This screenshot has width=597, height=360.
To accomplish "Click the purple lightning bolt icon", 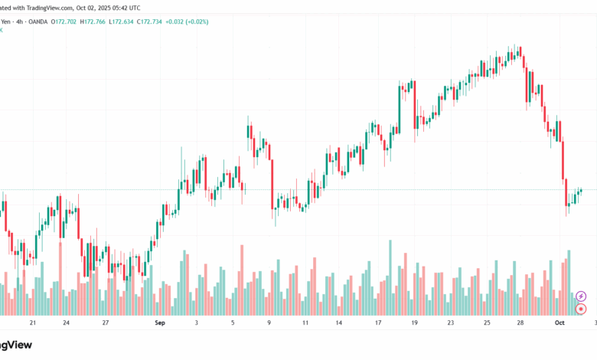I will [x=581, y=296].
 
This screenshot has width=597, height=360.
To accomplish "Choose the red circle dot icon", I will [x=581, y=309].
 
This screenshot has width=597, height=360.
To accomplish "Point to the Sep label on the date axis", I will [x=159, y=323].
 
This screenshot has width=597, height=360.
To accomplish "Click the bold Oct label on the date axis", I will [x=559, y=323].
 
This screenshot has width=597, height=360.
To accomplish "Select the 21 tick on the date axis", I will [x=32, y=323].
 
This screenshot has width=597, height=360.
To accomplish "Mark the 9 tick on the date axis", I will [x=269, y=323].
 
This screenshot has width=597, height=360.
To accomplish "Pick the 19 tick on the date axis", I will [x=414, y=323].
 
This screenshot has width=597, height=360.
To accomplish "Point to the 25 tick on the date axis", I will [x=487, y=323].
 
